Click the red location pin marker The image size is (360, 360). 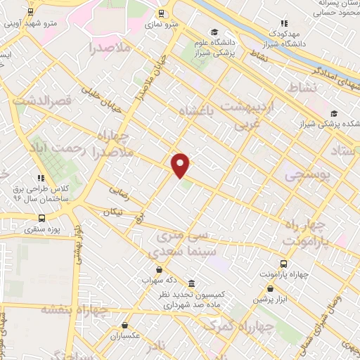coord(181,165)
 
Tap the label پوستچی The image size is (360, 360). coord(307,176)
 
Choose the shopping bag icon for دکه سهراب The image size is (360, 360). coord(159,269)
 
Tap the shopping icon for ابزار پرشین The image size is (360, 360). coord(269,288)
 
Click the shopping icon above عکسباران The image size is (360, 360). coord(124,326)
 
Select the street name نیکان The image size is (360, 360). coord(112,211)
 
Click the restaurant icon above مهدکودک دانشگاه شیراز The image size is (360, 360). coord(283,22)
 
